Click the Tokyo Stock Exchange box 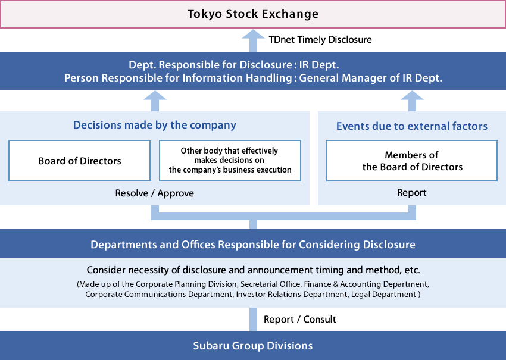[253, 14]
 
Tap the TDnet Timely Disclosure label [320, 40]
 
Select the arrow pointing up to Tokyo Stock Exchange [254, 41]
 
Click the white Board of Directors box [79, 161]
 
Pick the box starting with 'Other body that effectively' [230, 161]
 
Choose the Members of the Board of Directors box [412, 161]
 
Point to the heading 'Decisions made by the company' [155, 125]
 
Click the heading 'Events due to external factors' [412, 126]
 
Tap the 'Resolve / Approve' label [155, 193]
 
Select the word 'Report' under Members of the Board [412, 193]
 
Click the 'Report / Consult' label [300, 320]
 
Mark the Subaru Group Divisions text [253, 346]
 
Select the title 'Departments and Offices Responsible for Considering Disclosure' [253, 245]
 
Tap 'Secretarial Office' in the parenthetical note [270, 284]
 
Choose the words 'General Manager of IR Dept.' [370, 78]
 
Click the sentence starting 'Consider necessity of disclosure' [254, 270]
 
